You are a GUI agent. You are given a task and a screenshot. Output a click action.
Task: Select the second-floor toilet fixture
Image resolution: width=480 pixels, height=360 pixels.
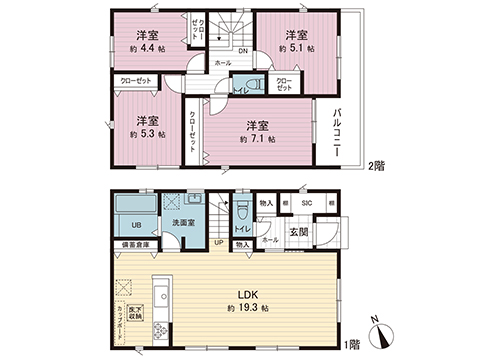[x=251, y=86]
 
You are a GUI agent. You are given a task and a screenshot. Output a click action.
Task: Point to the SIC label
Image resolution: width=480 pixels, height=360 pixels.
[x=307, y=204]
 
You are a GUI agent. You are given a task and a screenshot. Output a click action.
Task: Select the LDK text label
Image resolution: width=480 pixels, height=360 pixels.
[x=248, y=293]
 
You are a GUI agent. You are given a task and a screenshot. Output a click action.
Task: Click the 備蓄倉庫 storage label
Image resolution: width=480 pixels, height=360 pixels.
[x=135, y=244]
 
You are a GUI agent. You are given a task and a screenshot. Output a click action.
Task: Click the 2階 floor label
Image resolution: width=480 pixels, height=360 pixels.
[x=376, y=165]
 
